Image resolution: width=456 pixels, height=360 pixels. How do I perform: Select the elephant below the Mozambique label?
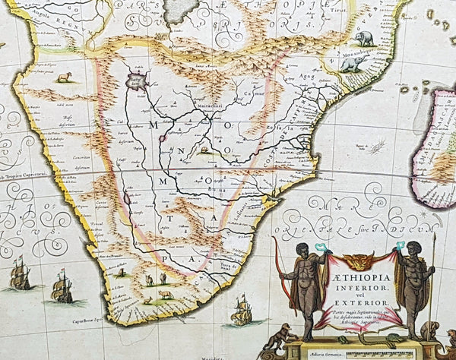click(x=353, y=65)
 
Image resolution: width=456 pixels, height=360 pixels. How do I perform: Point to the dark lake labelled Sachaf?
click(x=137, y=80)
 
